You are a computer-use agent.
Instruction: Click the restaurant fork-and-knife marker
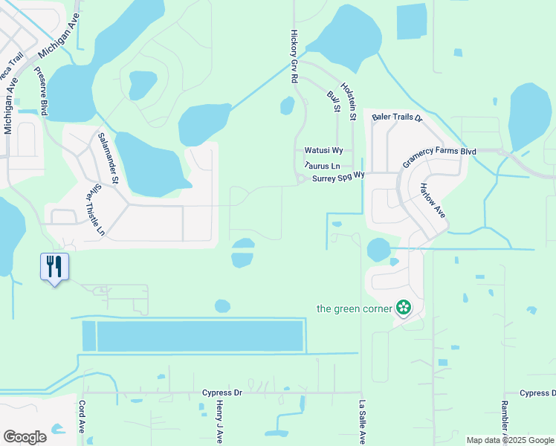pyautogui.click(x=54, y=267)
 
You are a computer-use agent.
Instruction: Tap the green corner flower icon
pyautogui.click(x=404, y=308)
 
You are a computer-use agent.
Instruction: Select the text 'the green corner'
pyautogui.click(x=354, y=308)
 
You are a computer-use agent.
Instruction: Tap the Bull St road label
pyautogui.click(x=333, y=102)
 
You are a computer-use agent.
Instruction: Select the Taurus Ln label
pyautogui.click(x=322, y=166)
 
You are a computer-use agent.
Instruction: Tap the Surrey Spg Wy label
pyautogui.click(x=338, y=177)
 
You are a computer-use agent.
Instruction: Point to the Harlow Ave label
pyautogui.click(x=433, y=201)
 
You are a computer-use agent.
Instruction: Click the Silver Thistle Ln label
pyautogui.click(x=94, y=212)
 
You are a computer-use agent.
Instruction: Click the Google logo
pyautogui.click(x=25, y=437)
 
